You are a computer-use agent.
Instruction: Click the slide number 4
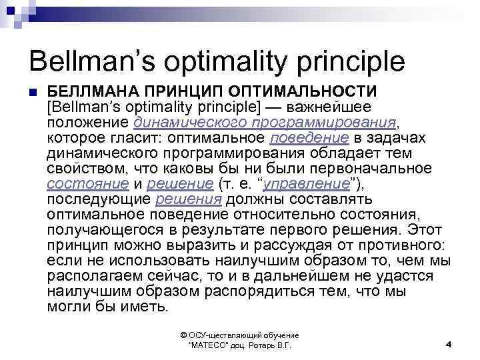449,344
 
